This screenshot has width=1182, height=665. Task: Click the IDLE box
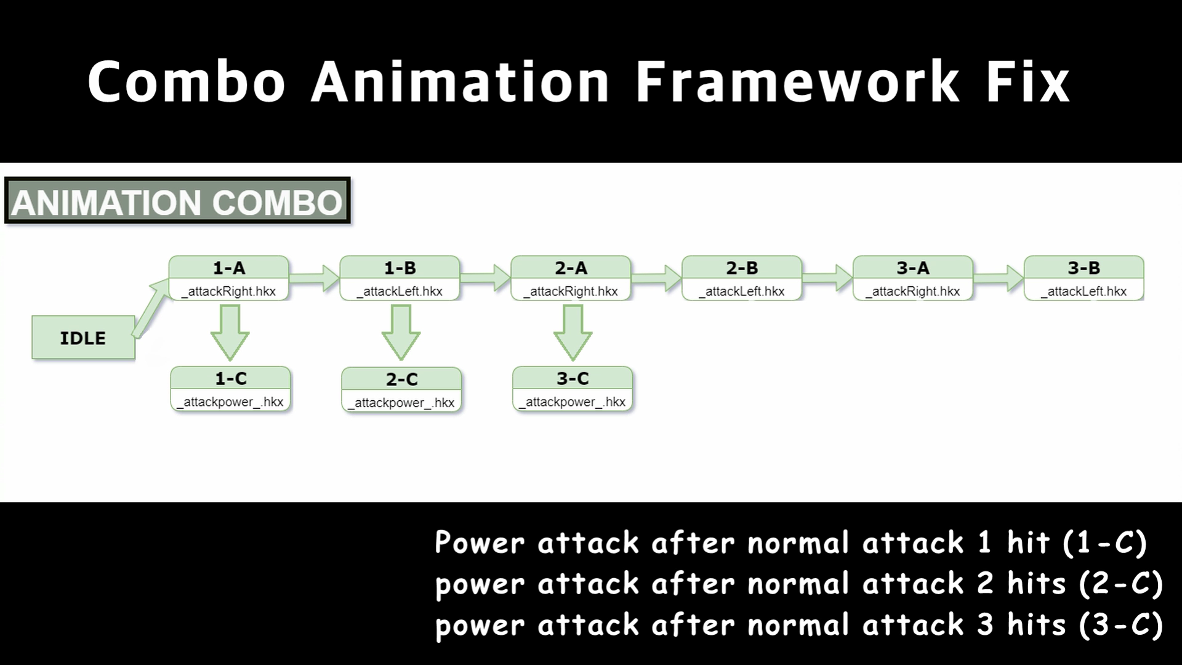tap(83, 337)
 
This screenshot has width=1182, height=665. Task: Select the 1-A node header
tap(228, 268)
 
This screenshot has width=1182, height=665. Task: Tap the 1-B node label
tap(400, 268)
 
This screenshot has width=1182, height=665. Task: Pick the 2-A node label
tap(571, 268)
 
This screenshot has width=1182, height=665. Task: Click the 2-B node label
tap(742, 268)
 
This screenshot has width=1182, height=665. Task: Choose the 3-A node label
tap(913, 268)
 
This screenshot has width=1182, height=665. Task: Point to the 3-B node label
tap(1083, 268)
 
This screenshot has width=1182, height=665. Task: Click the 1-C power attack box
tap(230, 389)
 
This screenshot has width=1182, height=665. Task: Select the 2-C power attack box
tap(401, 390)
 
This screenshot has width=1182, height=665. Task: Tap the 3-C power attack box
tap(573, 389)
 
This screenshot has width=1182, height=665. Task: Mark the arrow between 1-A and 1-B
tap(314, 278)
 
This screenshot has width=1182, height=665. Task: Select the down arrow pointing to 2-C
tap(401, 333)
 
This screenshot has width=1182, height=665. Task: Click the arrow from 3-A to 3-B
tap(999, 278)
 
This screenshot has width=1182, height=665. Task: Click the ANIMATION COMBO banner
tap(177, 201)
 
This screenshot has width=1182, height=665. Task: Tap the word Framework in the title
tap(797, 81)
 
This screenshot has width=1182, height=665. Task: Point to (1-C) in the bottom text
tap(1104, 542)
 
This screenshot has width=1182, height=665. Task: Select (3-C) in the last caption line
tap(1120, 624)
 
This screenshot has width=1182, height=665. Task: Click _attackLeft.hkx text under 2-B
tap(742, 291)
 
